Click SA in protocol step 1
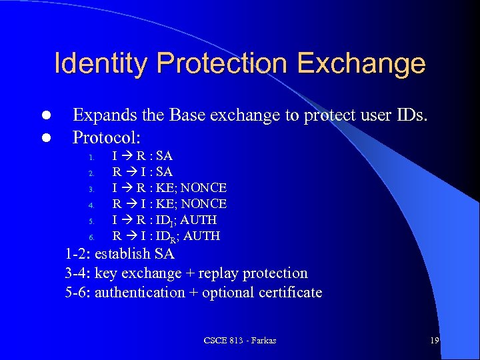pyautogui.click(x=164, y=156)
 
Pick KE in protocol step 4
pyautogui.click(x=165, y=204)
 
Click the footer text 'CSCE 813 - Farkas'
pyautogui.click(x=240, y=341)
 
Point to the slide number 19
pyautogui.click(x=434, y=341)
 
